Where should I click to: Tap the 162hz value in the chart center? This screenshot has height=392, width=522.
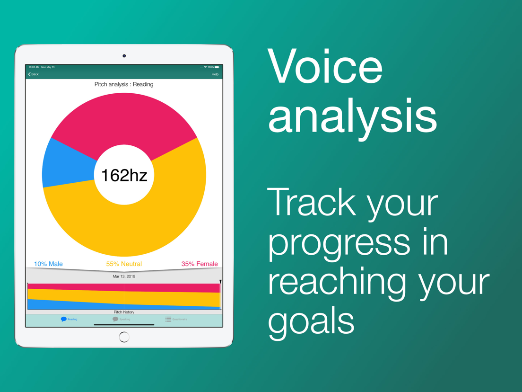[124, 175]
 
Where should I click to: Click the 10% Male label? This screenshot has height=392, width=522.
[48, 264]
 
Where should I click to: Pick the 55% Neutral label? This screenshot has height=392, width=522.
[124, 264]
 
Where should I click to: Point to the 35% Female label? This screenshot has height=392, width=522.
[200, 264]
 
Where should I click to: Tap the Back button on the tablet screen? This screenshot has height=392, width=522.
[33, 74]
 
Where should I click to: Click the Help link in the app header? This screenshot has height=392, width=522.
[215, 74]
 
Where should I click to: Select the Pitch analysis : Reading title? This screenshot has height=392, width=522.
[124, 84]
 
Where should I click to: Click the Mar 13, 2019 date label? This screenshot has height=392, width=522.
[124, 276]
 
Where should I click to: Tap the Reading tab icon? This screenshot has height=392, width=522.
[63, 320]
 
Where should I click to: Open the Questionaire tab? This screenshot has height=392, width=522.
[176, 320]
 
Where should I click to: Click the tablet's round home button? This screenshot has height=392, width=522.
[124, 337]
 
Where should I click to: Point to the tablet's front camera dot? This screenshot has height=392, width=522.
[124, 56]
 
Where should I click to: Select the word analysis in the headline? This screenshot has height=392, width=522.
[352, 116]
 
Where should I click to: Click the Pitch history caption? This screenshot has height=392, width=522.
[124, 312]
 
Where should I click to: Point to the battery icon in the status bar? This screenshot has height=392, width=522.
[217, 67]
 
